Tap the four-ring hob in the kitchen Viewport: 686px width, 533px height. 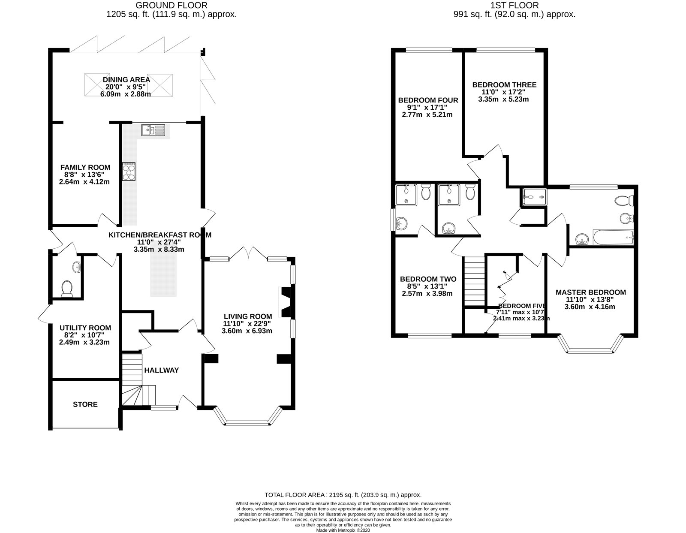click(x=129, y=172)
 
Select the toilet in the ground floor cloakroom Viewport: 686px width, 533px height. click(x=67, y=288)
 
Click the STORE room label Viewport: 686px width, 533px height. click(x=85, y=404)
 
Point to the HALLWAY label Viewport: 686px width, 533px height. click(x=161, y=370)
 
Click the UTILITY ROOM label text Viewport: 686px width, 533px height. click(x=85, y=328)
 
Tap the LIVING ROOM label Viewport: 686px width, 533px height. click(x=247, y=316)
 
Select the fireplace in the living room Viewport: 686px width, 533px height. click(x=285, y=303)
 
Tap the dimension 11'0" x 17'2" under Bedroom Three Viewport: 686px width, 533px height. click(x=503, y=92)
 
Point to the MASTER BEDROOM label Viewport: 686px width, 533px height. click(x=590, y=292)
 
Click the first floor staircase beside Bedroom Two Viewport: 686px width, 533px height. click(x=473, y=281)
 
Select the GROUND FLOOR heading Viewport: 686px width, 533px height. click(x=171, y=6)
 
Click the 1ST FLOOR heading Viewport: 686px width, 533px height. click(x=514, y=6)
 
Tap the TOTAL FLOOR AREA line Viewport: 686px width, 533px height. click(x=343, y=494)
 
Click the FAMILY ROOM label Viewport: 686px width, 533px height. click(x=85, y=167)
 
